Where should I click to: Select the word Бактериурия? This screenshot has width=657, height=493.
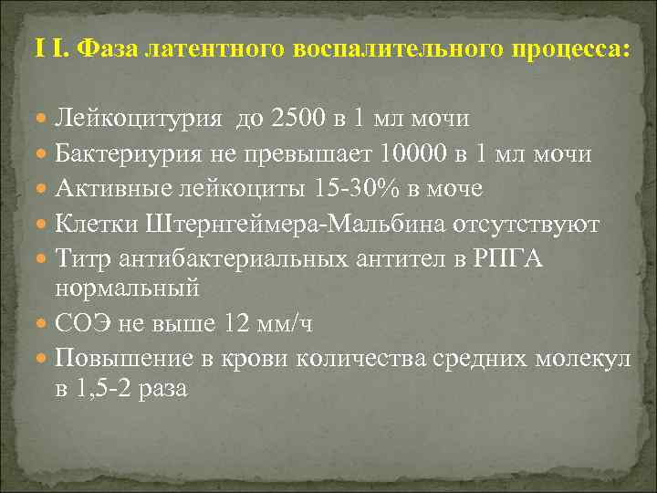(x=130, y=153)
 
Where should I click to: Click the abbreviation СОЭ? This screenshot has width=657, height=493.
(x=79, y=323)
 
